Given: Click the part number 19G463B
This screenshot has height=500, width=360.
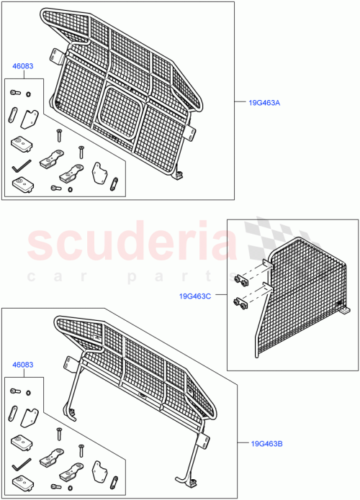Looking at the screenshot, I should click(267, 444).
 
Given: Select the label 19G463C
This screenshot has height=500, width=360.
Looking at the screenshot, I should click(197, 295).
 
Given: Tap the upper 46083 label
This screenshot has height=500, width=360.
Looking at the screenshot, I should click(22, 66).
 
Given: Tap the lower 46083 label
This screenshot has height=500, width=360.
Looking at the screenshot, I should click(22, 365).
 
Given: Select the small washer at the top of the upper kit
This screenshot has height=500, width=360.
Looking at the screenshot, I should click(28, 93).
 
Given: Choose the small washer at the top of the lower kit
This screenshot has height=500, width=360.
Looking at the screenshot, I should click(28, 392).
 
